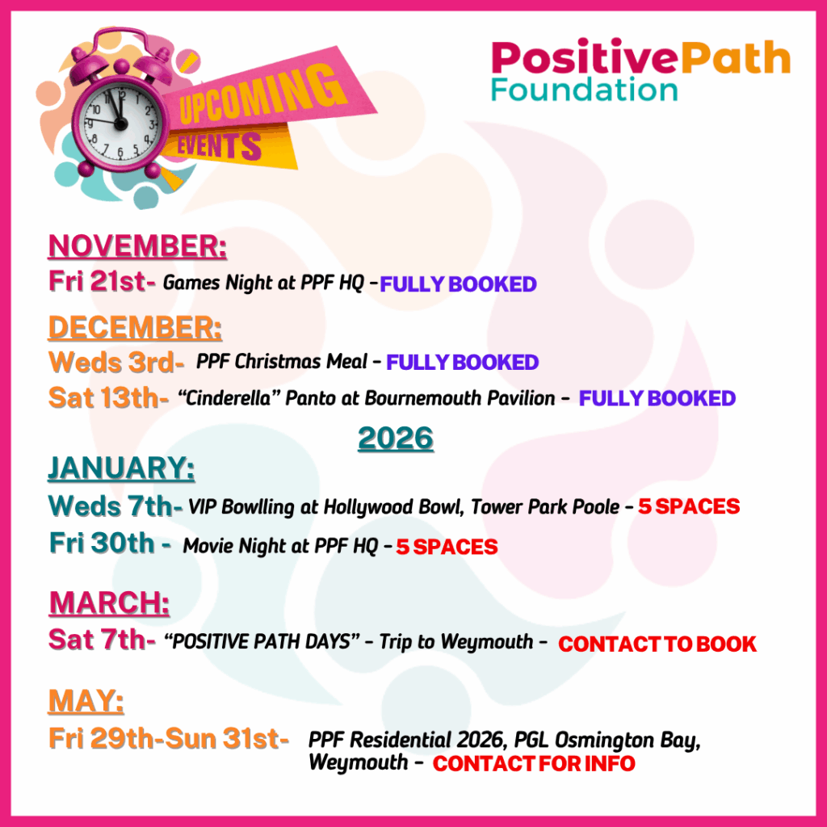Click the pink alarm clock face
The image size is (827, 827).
[120, 122]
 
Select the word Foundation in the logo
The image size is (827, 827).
[585, 88]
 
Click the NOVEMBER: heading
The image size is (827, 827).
[138, 246]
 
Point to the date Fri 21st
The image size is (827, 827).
[102, 282]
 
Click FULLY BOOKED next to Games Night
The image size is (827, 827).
[458, 284]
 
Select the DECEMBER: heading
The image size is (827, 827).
[135, 328]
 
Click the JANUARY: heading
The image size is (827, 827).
[121, 468]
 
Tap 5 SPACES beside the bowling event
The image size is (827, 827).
[689, 507]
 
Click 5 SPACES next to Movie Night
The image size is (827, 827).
[447, 548]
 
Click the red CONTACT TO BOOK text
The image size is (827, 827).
[657, 644]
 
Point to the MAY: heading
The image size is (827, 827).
[86, 701]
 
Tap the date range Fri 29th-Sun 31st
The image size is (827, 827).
[169, 738]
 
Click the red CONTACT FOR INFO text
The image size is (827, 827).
[534, 763]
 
